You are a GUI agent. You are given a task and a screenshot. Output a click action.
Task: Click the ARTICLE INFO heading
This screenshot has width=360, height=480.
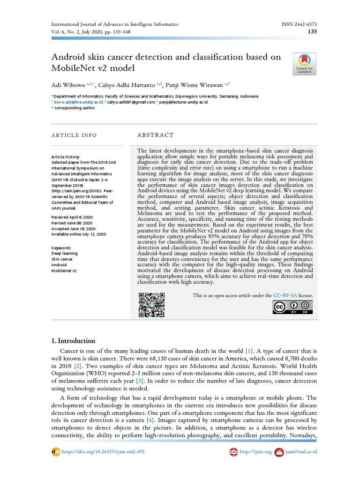pos(74,135)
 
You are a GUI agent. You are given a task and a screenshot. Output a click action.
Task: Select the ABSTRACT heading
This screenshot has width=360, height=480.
pos(155,135)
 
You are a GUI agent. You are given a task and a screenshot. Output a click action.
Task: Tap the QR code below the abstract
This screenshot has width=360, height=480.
pos(151,305)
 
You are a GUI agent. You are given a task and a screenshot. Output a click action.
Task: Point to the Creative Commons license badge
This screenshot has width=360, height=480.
pos(293,307)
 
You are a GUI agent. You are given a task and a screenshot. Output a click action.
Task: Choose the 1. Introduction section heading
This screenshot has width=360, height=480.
pos(73,341)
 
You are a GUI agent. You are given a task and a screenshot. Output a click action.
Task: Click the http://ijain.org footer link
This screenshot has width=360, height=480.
pos(255,452)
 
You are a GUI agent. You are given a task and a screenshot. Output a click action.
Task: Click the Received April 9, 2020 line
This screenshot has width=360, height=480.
pos(72,217)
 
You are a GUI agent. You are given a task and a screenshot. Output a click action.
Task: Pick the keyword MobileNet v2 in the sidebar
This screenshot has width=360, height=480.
pos(64,270)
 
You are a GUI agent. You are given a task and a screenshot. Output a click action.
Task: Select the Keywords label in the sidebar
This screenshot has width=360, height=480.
pos(61,247)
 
